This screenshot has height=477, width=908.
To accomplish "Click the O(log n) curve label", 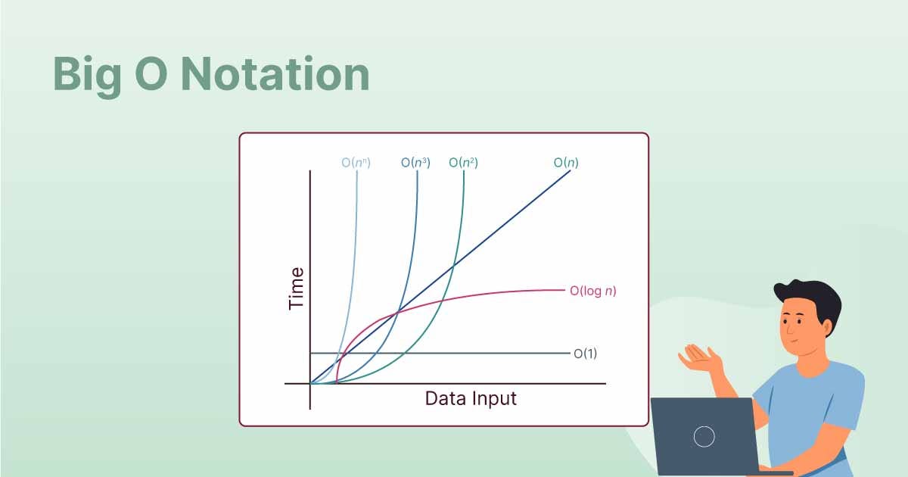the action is coord(592,291).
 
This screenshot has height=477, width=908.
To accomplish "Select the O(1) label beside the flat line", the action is coord(586,354).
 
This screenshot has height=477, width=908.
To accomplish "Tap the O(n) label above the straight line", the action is coord(566,163).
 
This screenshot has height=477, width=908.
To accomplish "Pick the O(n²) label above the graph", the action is coord(463,163).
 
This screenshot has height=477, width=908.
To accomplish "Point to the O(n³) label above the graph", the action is coord(415,163).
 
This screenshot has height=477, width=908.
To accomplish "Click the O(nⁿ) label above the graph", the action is coord(356,163).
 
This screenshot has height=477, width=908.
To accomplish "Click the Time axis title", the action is coord(296,288).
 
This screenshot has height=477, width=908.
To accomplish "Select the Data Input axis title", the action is coord(471,398).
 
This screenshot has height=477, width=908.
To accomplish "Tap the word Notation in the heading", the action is coord(275,74).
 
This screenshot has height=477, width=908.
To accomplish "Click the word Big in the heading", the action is coord(87,77).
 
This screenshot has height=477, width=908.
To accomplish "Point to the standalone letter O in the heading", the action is coord(151,74).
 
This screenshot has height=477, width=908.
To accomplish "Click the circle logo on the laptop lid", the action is coord(704,437).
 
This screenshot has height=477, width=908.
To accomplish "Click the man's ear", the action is coord(826,327).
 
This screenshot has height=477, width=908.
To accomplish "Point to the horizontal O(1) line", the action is coord(440,354).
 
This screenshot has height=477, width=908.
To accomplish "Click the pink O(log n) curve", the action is coord(442,301).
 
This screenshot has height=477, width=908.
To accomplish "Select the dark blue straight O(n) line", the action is coord(440,277).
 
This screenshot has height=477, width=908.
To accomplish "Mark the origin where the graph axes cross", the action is coord(310,383).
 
